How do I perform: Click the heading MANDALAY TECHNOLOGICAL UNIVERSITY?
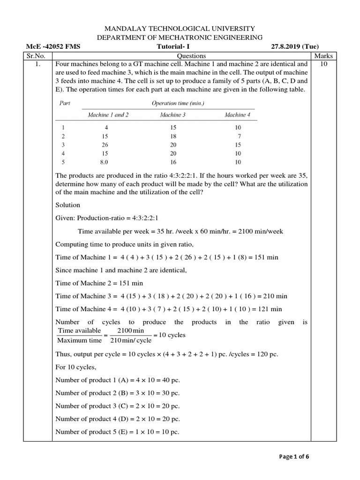pos(180,29)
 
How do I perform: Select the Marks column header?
pos(323,56)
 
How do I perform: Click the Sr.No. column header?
pos(38,56)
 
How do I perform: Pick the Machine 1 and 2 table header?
pos(108,115)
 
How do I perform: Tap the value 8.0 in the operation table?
pos(104,162)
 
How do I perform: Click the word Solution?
pos(68,205)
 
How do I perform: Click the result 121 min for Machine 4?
pos(269,309)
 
